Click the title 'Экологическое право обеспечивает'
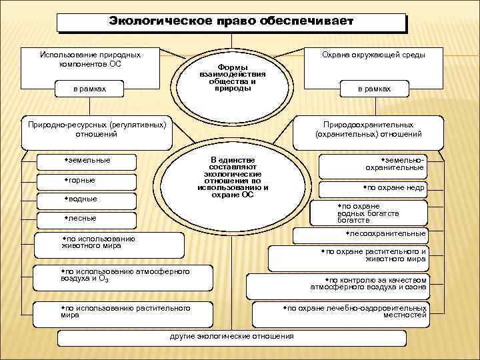click(231, 22)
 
